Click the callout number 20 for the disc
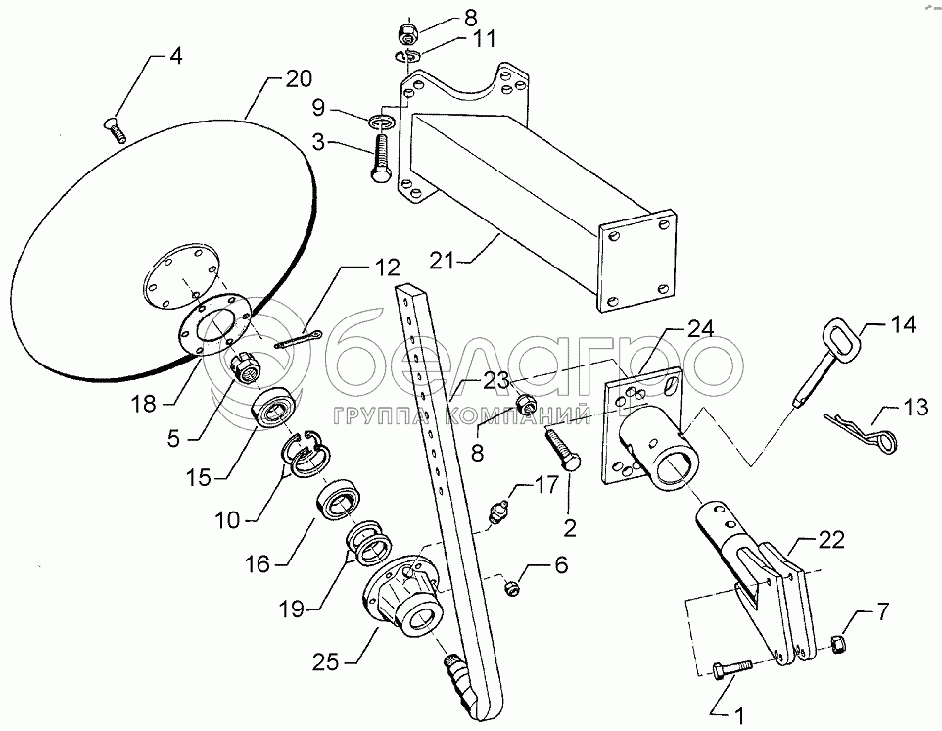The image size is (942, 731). pos(299,79)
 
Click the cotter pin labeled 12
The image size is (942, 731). pos(301,340)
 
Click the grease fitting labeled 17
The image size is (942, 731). pos(496,511)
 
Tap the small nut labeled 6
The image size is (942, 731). pos(512,588)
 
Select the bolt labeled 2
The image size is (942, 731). pos(563,451)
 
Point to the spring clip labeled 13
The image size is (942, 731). pos(862,431)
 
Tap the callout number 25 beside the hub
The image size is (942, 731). pos(326,662)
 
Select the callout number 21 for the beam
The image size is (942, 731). pos(443,261)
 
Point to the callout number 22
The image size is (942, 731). pos(830,539)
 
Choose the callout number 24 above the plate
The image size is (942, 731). pos(700,328)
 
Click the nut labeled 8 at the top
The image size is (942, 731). pos(409,32)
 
